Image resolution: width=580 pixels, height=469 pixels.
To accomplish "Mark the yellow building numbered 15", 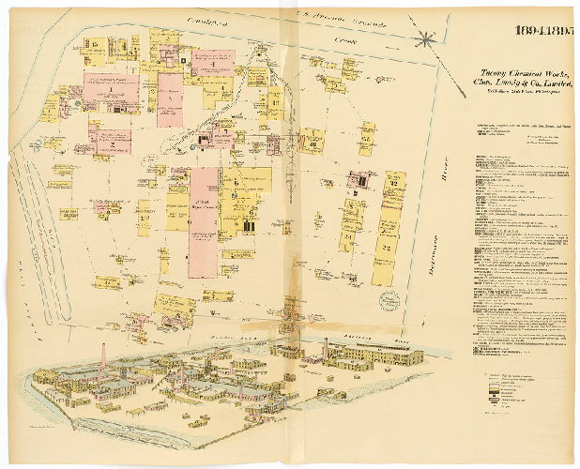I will (94, 46).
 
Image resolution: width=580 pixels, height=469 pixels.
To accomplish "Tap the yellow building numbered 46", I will (311, 143).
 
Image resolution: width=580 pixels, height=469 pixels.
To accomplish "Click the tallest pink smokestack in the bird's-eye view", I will (103, 358).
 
